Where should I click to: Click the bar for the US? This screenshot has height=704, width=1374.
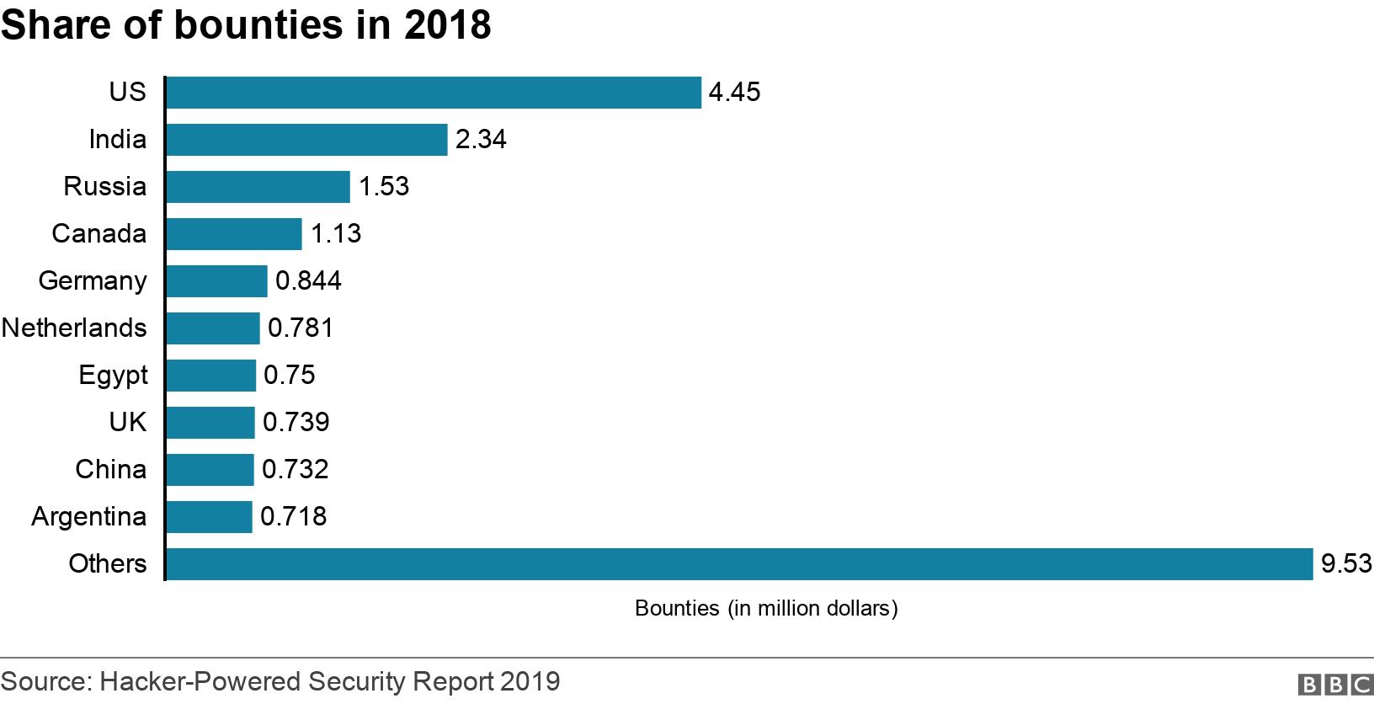433,93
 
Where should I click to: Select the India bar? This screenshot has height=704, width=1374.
306,140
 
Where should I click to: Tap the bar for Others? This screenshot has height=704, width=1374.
739,564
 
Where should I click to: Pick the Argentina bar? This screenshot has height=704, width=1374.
209,517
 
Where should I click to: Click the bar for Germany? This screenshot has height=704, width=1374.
216,281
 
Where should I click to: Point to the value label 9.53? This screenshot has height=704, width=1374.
1345,564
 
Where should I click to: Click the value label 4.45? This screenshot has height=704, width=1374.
734,93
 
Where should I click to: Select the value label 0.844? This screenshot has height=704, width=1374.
308,281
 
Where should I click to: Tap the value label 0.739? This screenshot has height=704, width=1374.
296,423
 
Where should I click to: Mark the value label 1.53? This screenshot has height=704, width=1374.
384,187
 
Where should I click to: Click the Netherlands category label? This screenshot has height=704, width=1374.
74,328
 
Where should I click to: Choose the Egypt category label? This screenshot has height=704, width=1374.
113,376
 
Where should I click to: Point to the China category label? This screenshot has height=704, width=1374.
110,470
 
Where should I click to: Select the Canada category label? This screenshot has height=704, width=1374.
99,234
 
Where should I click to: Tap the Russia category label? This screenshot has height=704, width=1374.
104,187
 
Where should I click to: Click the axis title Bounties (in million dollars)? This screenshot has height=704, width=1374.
766,609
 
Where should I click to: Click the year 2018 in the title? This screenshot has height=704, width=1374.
447,25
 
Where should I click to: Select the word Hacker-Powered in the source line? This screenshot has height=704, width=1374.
201,681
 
